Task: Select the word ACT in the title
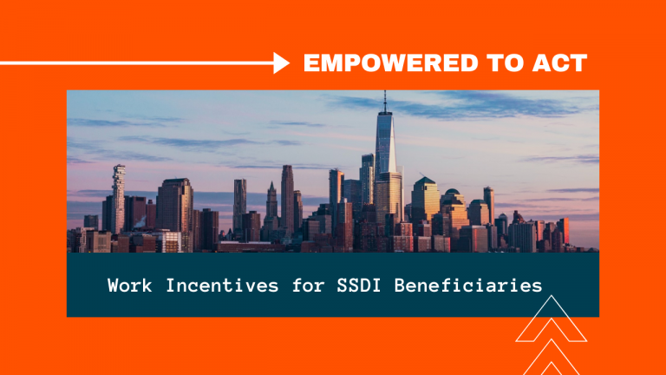(x=559, y=62)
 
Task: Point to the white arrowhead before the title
(x=282, y=62)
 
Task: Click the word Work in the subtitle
(x=129, y=286)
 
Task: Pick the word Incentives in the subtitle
(x=222, y=286)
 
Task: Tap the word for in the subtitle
(x=308, y=286)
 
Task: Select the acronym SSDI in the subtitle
(x=359, y=286)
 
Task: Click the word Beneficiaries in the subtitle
(x=468, y=286)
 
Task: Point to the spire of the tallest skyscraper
(x=385, y=102)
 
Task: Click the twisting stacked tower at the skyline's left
(x=119, y=198)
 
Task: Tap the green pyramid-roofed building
(x=425, y=199)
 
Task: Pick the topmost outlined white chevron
(x=552, y=319)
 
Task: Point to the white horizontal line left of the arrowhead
(x=137, y=63)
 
